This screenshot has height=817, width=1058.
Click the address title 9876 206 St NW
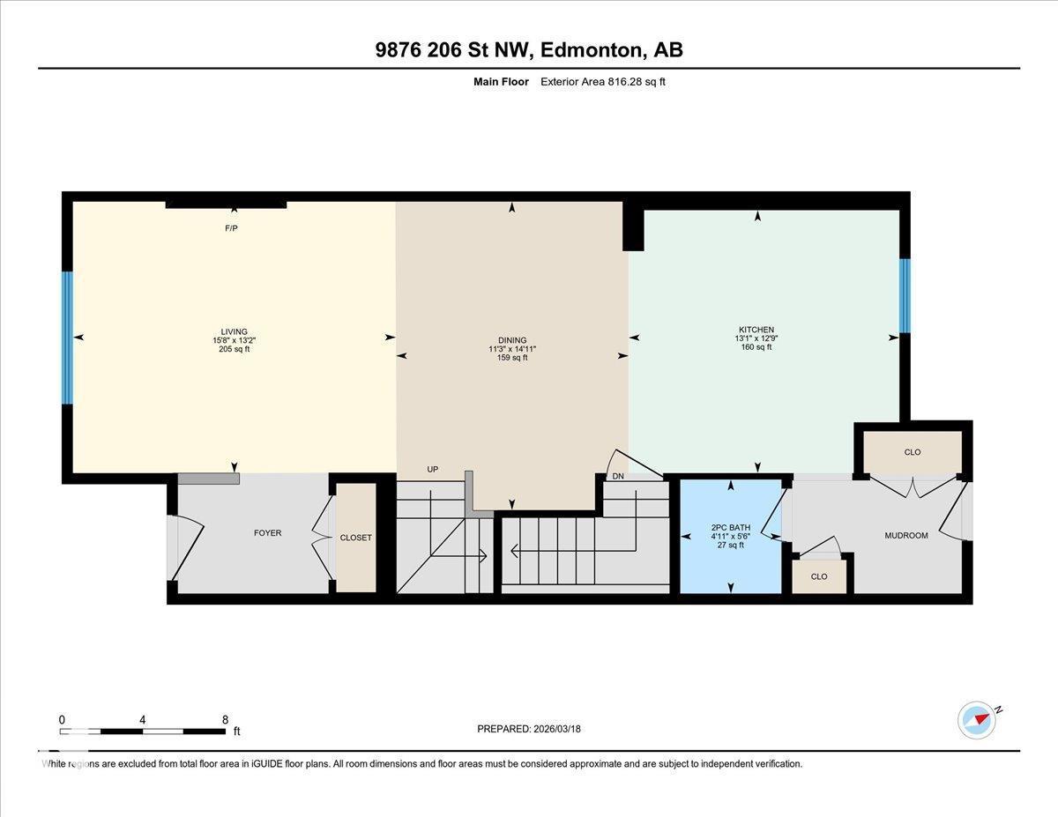coord(528,50)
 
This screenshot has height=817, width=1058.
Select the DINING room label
coord(511,340)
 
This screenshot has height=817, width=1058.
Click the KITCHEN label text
coord(756,330)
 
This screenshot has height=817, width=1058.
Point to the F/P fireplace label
coord(231,228)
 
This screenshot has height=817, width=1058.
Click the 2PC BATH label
coord(730,527)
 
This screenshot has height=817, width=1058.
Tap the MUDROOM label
coord(905,535)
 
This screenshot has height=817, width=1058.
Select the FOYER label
coord(267,532)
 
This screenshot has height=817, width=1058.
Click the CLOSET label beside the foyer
coord(355,538)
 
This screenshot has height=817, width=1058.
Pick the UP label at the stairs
coord(432,469)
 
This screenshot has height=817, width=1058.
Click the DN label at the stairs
coord(618,476)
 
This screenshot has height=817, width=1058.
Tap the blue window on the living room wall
coord(66,337)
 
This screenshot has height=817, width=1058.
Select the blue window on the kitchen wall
coord(904,295)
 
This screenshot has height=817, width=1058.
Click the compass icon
coord(977,719)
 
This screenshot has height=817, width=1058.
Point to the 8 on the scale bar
coord(226,719)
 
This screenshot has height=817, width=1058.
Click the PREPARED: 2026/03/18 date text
coord(529,729)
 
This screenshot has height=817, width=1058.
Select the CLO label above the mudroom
coord(912,452)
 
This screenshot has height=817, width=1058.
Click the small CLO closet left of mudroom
coord(818,576)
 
